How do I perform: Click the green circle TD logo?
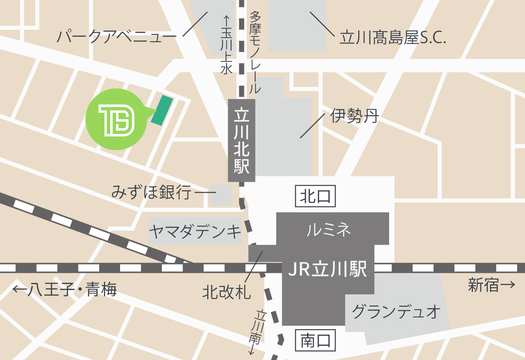pos(116,119)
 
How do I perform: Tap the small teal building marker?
pos(162,110)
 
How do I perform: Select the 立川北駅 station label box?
pos(242,141)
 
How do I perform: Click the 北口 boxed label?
pos(315,196)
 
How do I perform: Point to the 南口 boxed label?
pos(315,340)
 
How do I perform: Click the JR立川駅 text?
pos(328,269)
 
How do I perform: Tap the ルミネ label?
pos(329,229)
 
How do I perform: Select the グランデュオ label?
pos(396,312)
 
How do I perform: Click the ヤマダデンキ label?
pos(195,232)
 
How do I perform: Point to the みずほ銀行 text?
pos(151,192)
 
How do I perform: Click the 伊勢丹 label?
pos(354,116)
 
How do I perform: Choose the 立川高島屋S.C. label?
pos(393,37)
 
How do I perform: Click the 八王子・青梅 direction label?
pos(65,289)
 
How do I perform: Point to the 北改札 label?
pos(226,292)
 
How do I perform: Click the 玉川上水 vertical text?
pos(226,45)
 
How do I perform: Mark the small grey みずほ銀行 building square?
pos(221,195)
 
